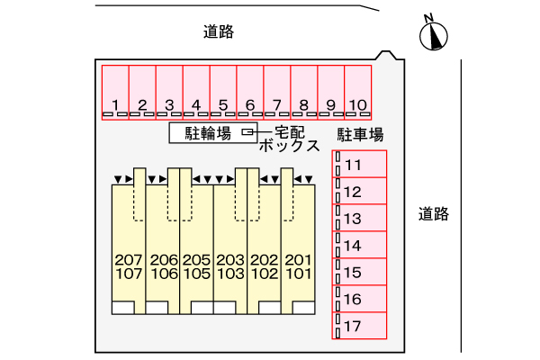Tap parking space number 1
115,93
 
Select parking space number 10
358,93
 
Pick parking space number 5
223,93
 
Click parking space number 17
360,325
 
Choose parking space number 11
360,165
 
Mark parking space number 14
360,245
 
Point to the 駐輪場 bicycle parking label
208,133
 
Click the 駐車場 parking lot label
361,135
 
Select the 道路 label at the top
219,32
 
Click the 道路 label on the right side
433,214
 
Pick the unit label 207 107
130,266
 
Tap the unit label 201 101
298,266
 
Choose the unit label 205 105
196,266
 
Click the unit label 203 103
230,266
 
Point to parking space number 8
304,93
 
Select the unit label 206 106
164,266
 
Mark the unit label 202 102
264,266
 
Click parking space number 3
169,93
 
